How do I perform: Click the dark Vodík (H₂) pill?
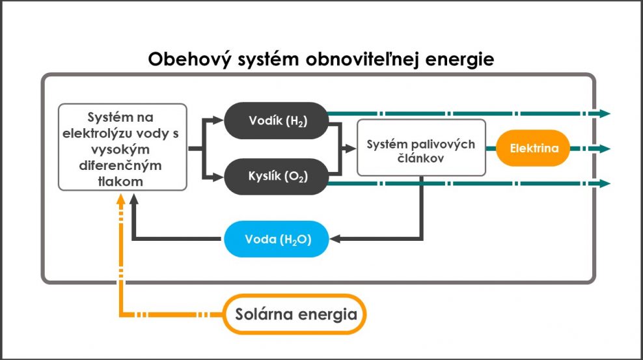[x=277, y=120]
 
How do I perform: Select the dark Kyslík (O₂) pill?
[x=277, y=176]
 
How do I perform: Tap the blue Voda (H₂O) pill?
[x=277, y=239]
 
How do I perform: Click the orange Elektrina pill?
[x=533, y=148]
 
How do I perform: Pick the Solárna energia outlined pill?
[x=295, y=314]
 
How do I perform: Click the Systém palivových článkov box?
[x=422, y=148]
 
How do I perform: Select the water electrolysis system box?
[x=122, y=147]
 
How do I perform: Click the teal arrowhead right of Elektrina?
[x=605, y=148]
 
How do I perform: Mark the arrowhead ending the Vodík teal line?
[x=605, y=113]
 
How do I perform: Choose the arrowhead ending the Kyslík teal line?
[x=605, y=184]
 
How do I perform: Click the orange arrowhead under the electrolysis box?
[x=120, y=199]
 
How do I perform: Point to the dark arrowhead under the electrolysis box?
[x=133, y=199]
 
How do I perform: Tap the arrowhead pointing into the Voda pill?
[x=335, y=239]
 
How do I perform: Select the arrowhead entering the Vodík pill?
[x=218, y=120]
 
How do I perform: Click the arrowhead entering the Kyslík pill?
[x=218, y=177]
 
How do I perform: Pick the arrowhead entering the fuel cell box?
[x=351, y=148]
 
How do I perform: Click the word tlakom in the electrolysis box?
[x=120, y=181]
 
